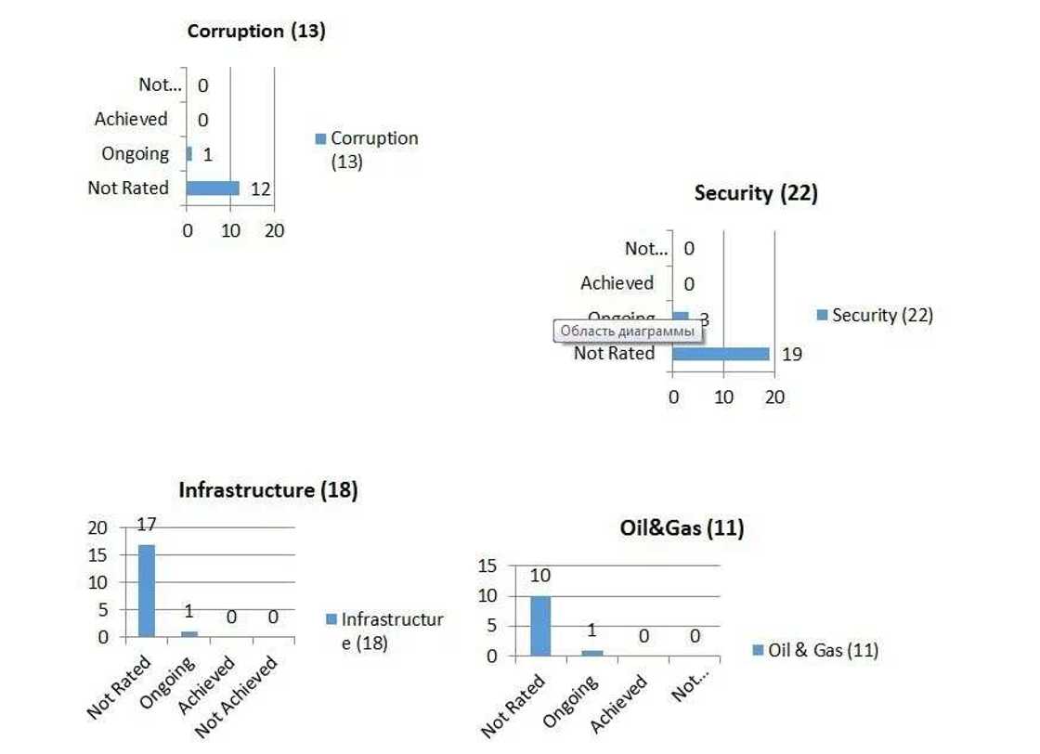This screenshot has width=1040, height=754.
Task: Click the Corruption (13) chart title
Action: click(x=256, y=31)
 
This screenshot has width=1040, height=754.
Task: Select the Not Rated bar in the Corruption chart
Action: click(x=213, y=188)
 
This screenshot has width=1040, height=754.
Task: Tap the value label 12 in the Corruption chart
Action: click(x=260, y=189)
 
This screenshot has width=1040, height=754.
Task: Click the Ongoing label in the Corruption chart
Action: click(x=136, y=153)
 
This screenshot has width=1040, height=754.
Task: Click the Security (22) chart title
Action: click(x=756, y=193)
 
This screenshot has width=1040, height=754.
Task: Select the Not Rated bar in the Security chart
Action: click(x=721, y=354)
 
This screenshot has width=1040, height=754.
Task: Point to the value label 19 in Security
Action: click(x=791, y=354)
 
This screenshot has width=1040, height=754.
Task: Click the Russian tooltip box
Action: click(x=627, y=331)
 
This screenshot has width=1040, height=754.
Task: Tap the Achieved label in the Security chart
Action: click(x=617, y=282)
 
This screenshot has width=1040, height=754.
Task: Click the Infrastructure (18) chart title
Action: click(x=267, y=489)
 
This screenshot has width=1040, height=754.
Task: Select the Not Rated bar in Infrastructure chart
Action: click(x=147, y=591)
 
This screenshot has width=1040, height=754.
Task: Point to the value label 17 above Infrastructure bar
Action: click(x=147, y=525)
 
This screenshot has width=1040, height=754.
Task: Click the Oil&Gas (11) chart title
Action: click(x=682, y=528)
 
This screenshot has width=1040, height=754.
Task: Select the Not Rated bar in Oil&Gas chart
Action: click(x=540, y=625)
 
